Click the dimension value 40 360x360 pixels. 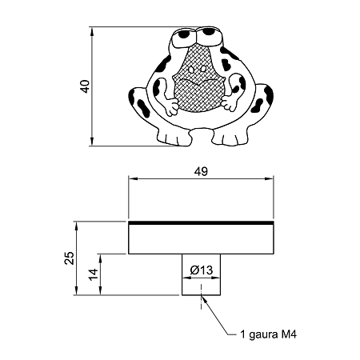click(86, 86)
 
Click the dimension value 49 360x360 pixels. click(201, 172)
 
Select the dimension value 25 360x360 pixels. click(70, 258)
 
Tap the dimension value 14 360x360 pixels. click(94, 274)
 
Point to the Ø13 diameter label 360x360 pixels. click(202, 270)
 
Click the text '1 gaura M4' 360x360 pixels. click(269, 334)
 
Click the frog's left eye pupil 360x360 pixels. click(184, 34)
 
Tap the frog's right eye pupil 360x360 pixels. click(209, 31)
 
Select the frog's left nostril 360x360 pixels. click(191, 70)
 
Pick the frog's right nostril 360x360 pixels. click(203, 69)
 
